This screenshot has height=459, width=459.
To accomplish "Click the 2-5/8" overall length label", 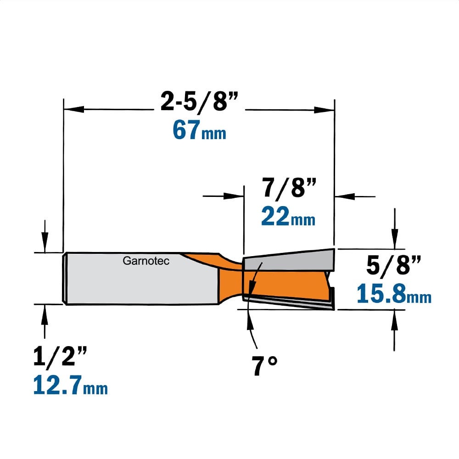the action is pyautogui.click(x=199, y=101).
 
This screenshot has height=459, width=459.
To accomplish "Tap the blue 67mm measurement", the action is pyautogui.click(x=199, y=130).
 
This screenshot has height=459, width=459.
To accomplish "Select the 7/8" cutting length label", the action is pyautogui.click(x=289, y=188).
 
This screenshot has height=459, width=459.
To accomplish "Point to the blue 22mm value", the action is pyautogui.click(x=288, y=216).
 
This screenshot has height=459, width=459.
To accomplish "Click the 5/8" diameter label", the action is pyautogui.click(x=393, y=265).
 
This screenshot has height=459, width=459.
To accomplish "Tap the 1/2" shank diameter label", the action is pyautogui.click(x=60, y=356).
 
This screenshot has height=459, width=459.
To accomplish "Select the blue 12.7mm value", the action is pyautogui.click(x=71, y=385).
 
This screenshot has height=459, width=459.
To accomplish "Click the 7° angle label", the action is pyautogui.click(x=264, y=365).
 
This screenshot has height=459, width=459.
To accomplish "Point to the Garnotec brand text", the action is pyautogui.click(x=146, y=261).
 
